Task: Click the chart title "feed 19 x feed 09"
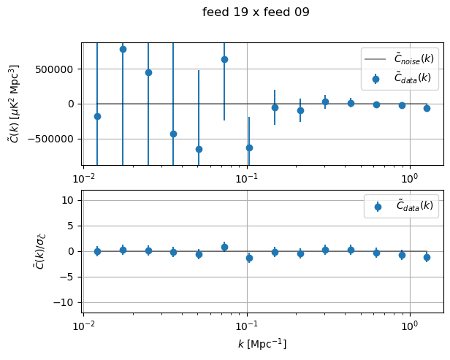coord(256,12)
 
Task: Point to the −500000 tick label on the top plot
coord(57,138)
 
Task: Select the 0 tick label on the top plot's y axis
coord(74,104)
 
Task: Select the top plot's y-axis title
coord(14,104)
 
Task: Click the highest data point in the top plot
coord(123,49)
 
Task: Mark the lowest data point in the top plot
coord(199,149)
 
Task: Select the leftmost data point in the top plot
coord(97,116)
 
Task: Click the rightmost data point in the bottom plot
coord(427,257)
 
